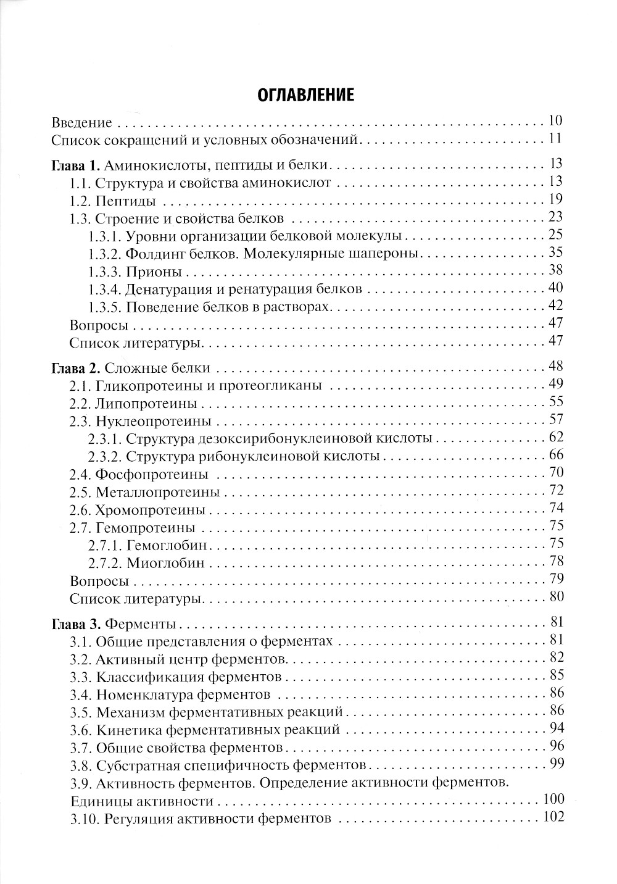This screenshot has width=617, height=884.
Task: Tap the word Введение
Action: (82, 122)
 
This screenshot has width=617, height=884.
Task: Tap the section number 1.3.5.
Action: (105, 307)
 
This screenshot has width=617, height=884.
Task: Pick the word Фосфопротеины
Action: (152, 475)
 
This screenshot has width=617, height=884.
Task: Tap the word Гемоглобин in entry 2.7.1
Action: (167, 546)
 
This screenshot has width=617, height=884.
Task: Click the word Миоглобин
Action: (165, 563)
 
